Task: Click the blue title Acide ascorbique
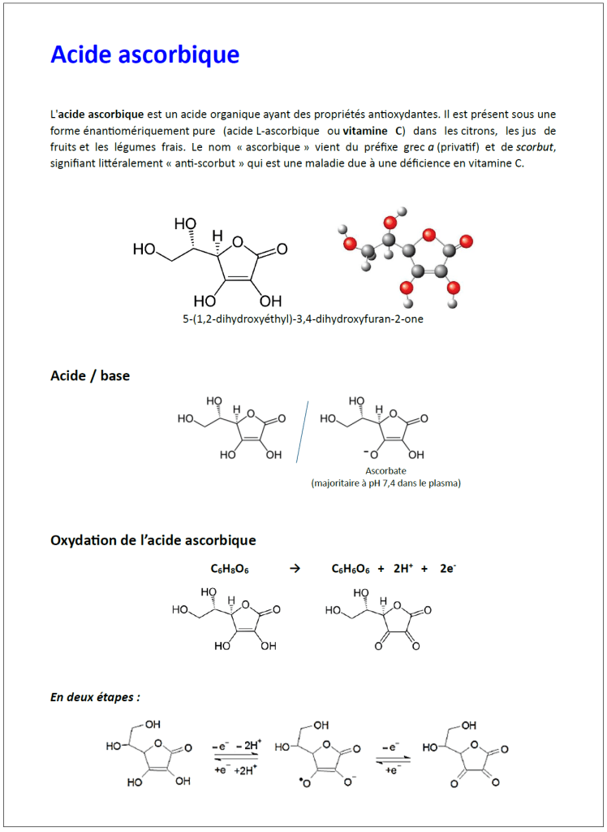coord(144,54)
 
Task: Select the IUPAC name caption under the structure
coord(303,319)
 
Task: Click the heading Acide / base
coord(90,376)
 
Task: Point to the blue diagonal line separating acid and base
coord(303,431)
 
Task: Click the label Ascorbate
coord(385,471)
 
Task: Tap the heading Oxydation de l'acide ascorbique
coord(153,540)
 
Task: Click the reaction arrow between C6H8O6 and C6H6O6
coord(295,569)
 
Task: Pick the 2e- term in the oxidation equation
coord(448,569)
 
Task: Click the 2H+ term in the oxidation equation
coord(403,569)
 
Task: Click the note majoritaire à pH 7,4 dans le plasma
coord(385,483)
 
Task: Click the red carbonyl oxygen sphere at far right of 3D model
coord(466,241)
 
